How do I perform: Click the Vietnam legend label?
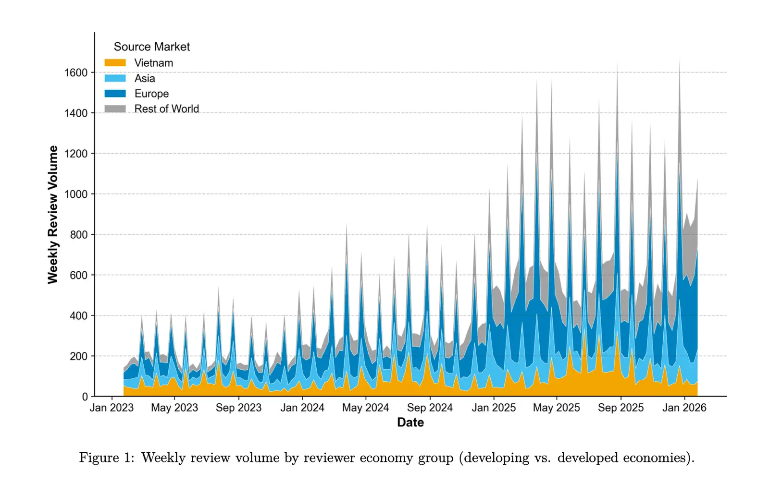[153, 63]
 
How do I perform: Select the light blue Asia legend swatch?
[115, 78]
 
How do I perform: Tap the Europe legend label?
[151, 94]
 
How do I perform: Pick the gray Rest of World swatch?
[115, 109]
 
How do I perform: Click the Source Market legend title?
[151, 47]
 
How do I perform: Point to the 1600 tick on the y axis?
[76, 72]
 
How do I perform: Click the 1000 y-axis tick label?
[76, 194]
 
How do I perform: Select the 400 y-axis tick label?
[78, 316]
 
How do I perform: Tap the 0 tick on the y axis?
[85, 397]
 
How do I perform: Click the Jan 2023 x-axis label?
[112, 408]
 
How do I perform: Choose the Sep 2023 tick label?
[238, 408]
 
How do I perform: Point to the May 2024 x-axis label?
[365, 408]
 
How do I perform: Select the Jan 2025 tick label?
[494, 408]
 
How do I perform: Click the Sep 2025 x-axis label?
[620, 408]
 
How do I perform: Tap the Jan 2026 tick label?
[684, 408]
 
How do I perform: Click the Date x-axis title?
[410, 423]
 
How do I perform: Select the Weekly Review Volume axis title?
[53, 215]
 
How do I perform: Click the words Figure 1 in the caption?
[107, 458]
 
